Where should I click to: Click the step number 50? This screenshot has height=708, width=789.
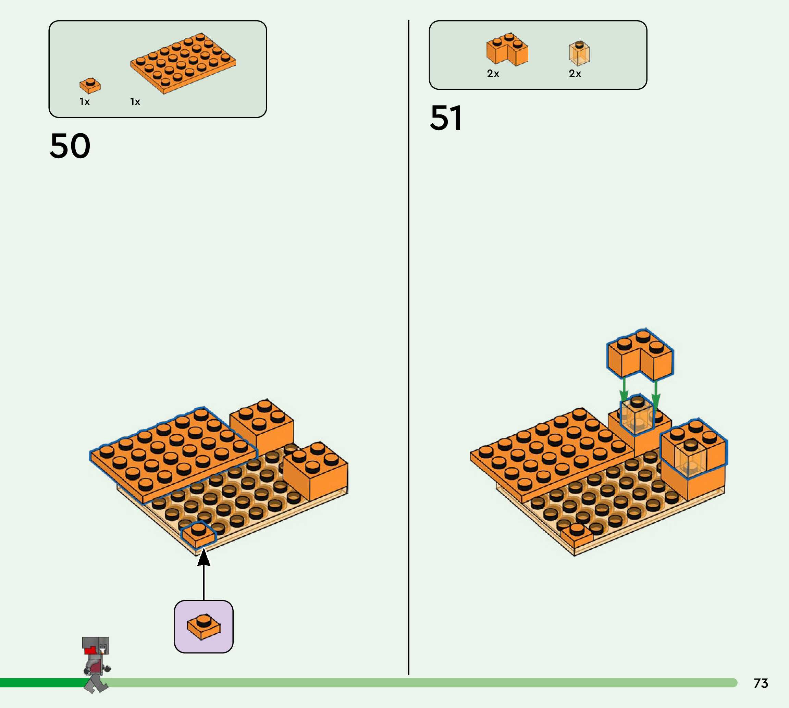[70, 146]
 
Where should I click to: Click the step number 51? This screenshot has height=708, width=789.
[446, 118]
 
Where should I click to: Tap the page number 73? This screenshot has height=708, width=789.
[761, 683]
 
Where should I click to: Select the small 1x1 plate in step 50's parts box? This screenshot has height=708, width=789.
[90, 85]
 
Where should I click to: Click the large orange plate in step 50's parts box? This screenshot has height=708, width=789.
[183, 63]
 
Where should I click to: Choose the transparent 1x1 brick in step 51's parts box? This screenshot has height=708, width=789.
[579, 53]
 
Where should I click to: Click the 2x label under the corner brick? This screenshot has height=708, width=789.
[493, 74]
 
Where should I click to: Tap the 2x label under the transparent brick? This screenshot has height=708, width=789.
[575, 74]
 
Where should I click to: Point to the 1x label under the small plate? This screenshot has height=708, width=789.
[84, 102]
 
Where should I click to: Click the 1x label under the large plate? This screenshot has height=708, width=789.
[135, 102]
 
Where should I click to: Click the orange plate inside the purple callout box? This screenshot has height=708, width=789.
[204, 626]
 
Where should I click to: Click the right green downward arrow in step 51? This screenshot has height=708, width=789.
[656, 393]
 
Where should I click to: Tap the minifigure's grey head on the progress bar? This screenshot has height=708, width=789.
[95, 646]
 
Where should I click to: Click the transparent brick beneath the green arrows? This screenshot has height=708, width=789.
[637, 415]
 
